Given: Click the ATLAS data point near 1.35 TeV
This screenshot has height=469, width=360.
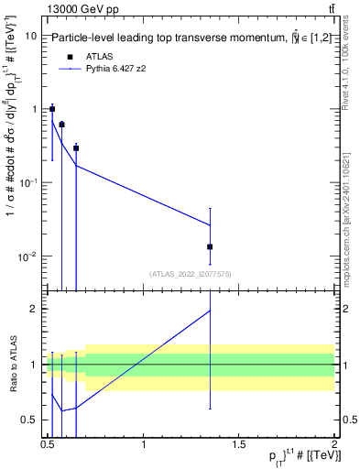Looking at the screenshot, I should pyautogui.click(x=211, y=246).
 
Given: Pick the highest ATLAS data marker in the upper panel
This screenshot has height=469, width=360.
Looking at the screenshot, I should pyautogui.click(x=52, y=109).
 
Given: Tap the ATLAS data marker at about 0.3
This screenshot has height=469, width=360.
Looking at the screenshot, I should pyautogui.click(x=76, y=147).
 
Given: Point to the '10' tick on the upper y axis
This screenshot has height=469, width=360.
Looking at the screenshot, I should pyautogui.click(x=29, y=36).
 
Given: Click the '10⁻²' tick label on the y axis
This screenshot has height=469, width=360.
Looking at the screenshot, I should pyautogui.click(x=27, y=256).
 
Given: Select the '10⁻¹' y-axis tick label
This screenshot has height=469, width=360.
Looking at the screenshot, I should pyautogui.click(x=27, y=182).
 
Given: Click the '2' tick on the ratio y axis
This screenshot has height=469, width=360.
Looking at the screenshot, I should pyautogui.click(x=36, y=309).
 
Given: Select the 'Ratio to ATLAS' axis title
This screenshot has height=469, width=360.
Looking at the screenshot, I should pyautogui.click(x=12, y=364).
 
